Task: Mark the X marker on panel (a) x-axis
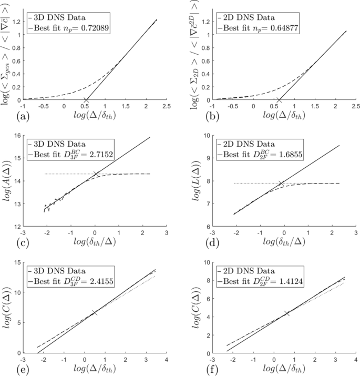[x=86, y=100]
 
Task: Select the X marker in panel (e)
[x=95, y=312]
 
